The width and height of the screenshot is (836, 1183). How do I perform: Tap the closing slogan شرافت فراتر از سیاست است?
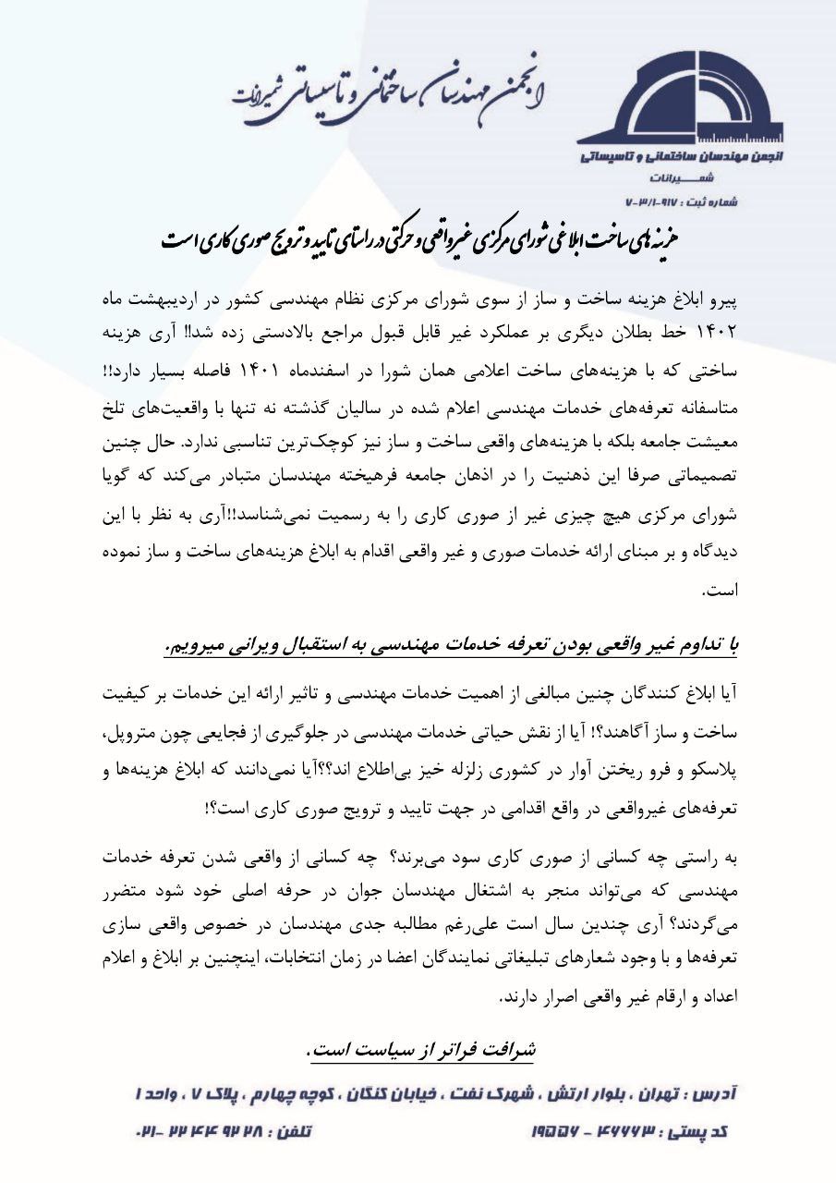click(x=419, y=1050)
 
